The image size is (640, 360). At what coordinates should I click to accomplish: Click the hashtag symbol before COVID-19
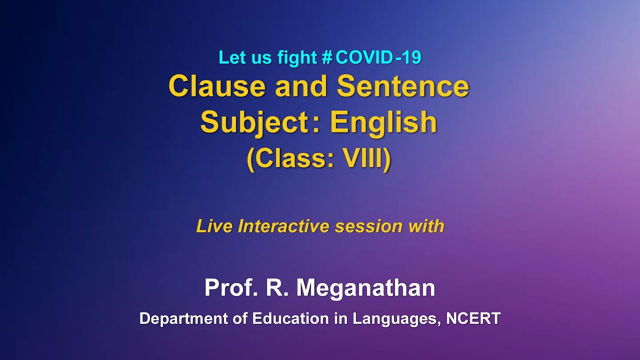327,58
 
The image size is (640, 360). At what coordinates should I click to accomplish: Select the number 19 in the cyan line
412,58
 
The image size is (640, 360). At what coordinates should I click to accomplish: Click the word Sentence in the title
403,86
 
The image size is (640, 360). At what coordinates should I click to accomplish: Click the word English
383,122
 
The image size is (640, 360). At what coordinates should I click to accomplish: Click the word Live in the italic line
214,226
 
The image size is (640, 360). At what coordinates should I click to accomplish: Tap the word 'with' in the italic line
426,226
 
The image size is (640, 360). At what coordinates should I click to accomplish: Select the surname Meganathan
365,288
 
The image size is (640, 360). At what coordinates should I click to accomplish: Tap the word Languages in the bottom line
396,319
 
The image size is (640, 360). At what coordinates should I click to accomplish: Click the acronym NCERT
473,318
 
